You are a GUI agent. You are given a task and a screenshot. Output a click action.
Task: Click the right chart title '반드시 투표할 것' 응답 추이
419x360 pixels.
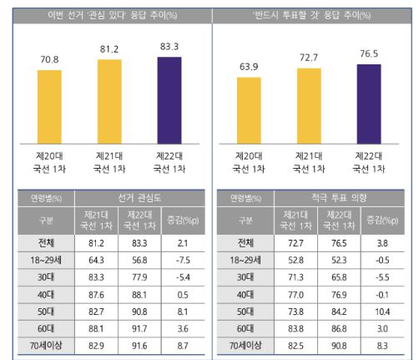click(314, 15)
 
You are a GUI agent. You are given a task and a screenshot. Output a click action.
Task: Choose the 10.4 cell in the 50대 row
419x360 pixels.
click(382, 312)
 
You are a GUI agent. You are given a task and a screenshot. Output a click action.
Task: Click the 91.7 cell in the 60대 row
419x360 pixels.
click(139, 330)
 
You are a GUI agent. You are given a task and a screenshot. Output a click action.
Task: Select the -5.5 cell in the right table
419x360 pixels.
click(382, 276)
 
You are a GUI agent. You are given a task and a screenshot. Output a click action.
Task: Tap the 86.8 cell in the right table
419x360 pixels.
click(341, 330)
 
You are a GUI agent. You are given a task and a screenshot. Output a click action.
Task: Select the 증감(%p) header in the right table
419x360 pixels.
click(382, 221)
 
